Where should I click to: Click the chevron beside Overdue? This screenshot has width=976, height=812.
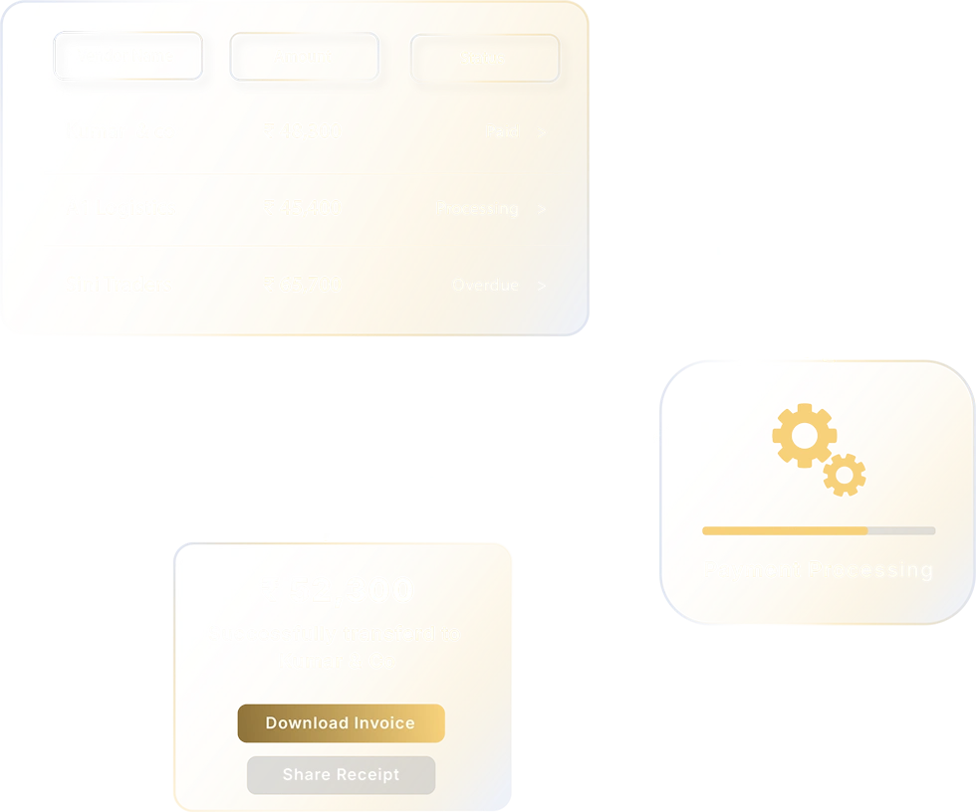pyautogui.click(x=541, y=286)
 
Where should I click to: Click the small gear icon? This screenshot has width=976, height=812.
pyautogui.click(x=845, y=475)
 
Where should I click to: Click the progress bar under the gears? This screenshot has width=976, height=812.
pyautogui.click(x=819, y=531)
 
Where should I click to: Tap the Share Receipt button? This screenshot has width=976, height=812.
pyautogui.click(x=341, y=775)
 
